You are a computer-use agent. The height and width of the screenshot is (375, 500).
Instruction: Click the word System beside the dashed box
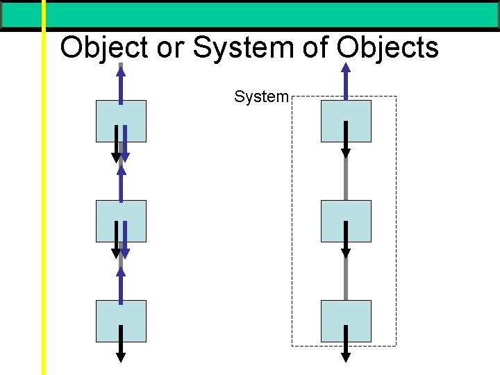pyautogui.click(x=261, y=97)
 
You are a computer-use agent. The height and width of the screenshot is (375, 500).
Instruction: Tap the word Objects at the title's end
pyautogui.click(x=387, y=48)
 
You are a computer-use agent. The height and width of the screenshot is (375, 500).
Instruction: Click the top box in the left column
pyautogui.click(x=121, y=121)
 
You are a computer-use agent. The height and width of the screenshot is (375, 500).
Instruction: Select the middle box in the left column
pyautogui.click(x=121, y=221)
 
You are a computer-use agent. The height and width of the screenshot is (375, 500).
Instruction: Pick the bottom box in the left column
pyautogui.click(x=121, y=321)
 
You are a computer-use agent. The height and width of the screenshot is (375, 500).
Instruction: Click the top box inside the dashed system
pyautogui.click(x=346, y=121)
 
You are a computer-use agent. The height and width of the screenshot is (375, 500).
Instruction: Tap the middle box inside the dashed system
pyautogui.click(x=346, y=221)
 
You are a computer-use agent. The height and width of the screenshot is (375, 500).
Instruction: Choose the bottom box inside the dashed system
pyautogui.click(x=346, y=321)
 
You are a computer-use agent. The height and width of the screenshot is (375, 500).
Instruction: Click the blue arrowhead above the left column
pyautogui.click(x=121, y=68)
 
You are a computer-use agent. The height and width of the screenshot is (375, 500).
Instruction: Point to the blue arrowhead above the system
pyautogui.click(x=346, y=68)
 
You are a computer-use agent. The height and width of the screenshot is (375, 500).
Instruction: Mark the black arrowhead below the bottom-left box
pyautogui.click(x=121, y=358)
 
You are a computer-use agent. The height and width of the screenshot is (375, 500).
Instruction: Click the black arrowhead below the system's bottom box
pyautogui.click(x=346, y=358)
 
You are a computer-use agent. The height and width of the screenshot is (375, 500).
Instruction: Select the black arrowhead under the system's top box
pyautogui.click(x=346, y=153)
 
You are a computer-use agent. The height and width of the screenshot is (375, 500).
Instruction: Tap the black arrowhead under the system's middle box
pyautogui.click(x=346, y=253)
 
